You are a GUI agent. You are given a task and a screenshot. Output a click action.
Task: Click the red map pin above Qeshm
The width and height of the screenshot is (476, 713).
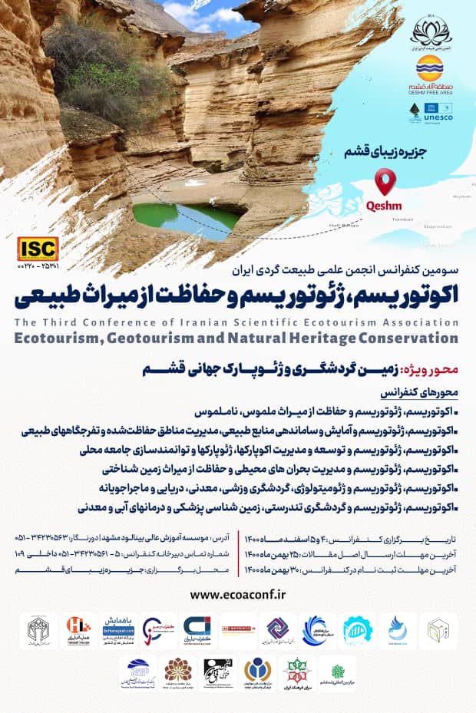pos(385,182)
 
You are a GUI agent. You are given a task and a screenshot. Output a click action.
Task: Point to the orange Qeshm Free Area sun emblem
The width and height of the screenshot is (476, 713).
pos(430,68)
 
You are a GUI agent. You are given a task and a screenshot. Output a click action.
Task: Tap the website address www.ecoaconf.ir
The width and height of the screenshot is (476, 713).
pos(237,593)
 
